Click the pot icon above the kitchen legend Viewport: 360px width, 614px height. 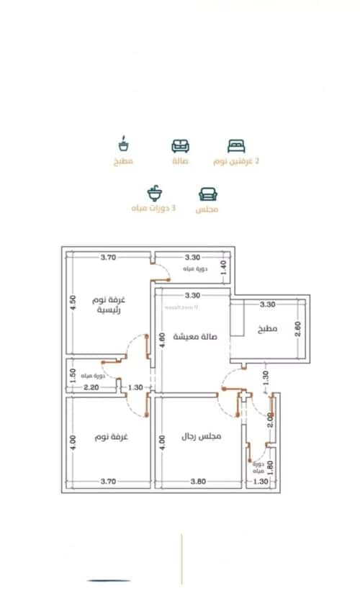click(123, 145)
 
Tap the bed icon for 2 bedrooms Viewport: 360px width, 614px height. click(236, 145)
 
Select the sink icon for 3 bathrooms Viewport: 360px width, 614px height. click(154, 193)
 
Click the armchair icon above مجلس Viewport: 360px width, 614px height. click(207, 194)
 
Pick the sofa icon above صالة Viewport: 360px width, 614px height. click(181, 145)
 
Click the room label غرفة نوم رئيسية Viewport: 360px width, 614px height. click(109, 304)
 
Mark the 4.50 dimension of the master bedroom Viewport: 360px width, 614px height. click(72, 302)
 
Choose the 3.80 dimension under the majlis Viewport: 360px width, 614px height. click(197, 481)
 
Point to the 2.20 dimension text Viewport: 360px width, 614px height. click(91, 388)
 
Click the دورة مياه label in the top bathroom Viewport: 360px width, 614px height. click(195, 269)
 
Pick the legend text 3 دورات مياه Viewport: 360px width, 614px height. click(153, 209)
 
